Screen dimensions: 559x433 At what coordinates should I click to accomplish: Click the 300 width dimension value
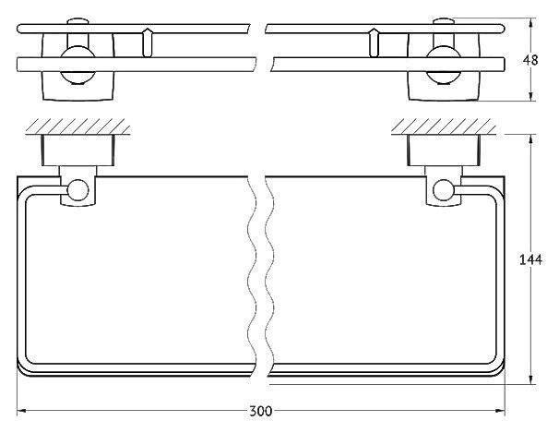tap(260, 411)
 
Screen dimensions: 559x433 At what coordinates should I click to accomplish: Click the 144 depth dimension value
tap(530, 259)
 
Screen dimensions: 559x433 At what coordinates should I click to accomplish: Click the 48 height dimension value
tap(530, 60)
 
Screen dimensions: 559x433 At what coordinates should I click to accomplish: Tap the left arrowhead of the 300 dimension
tap(21, 411)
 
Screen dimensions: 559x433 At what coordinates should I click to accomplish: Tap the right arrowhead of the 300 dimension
tap(500, 411)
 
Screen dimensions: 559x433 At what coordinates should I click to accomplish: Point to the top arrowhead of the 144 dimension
tap(530, 139)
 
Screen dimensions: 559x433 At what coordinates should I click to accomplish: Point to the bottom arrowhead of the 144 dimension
tap(530, 379)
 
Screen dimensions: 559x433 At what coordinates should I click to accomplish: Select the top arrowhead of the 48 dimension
tap(530, 23)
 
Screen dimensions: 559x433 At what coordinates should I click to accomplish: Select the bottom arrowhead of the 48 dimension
tap(530, 96)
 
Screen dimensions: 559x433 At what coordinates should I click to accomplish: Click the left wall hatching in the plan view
tap(77, 126)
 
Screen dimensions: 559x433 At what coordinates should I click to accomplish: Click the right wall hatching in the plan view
tap(444, 126)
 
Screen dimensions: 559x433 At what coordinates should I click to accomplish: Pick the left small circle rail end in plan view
tap(78, 190)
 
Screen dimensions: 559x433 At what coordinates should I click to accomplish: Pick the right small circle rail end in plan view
tap(444, 190)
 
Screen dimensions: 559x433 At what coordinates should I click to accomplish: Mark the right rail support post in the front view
tap(374, 42)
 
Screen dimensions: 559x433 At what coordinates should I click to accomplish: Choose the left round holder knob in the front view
tap(77, 65)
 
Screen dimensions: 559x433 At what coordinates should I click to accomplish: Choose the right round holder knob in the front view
tap(444, 65)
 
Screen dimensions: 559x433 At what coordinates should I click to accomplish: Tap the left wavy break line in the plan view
tap(252, 276)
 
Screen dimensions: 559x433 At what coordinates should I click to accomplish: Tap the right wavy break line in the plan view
tap(269, 276)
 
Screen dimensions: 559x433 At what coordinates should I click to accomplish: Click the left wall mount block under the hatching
tap(78, 150)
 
